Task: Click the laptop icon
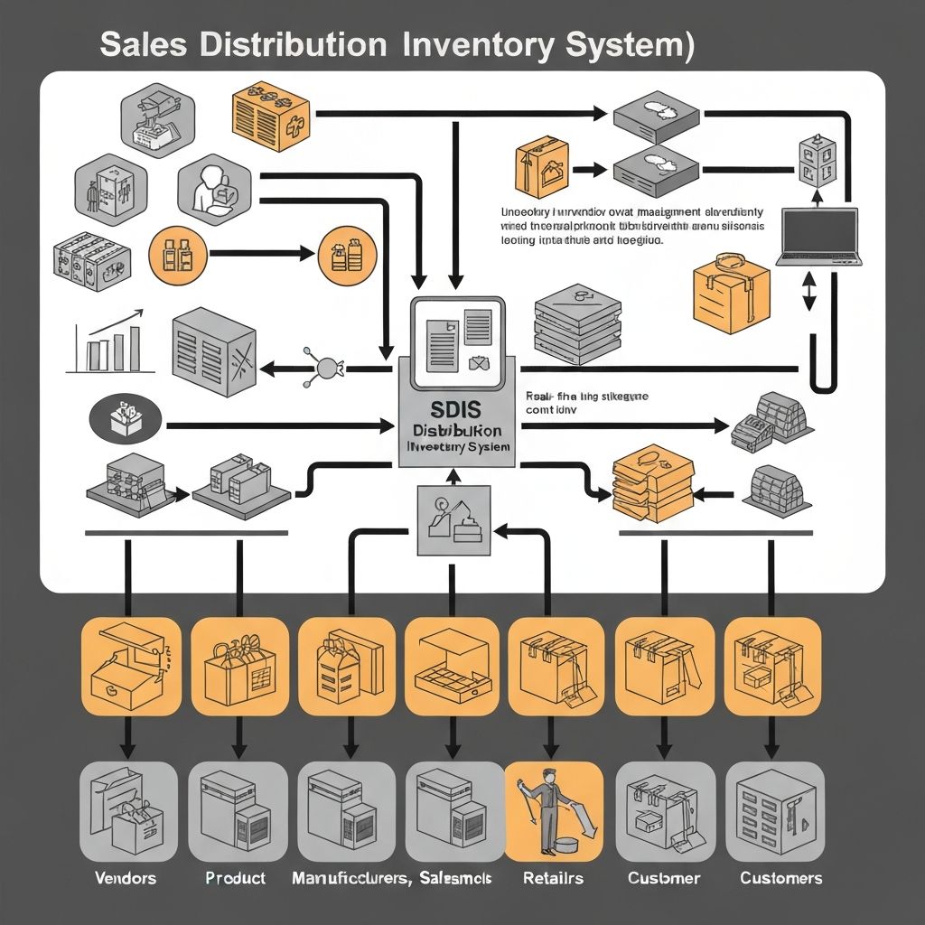click(x=818, y=238)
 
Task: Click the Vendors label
click(x=126, y=878)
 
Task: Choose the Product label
click(x=235, y=878)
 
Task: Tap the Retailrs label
click(x=553, y=878)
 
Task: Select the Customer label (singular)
click(x=664, y=878)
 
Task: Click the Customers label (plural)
click(x=780, y=878)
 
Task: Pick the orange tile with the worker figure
click(x=553, y=810)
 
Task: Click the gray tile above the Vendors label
click(x=128, y=810)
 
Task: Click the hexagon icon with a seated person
click(x=215, y=191)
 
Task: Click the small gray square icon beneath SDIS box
click(x=453, y=519)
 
